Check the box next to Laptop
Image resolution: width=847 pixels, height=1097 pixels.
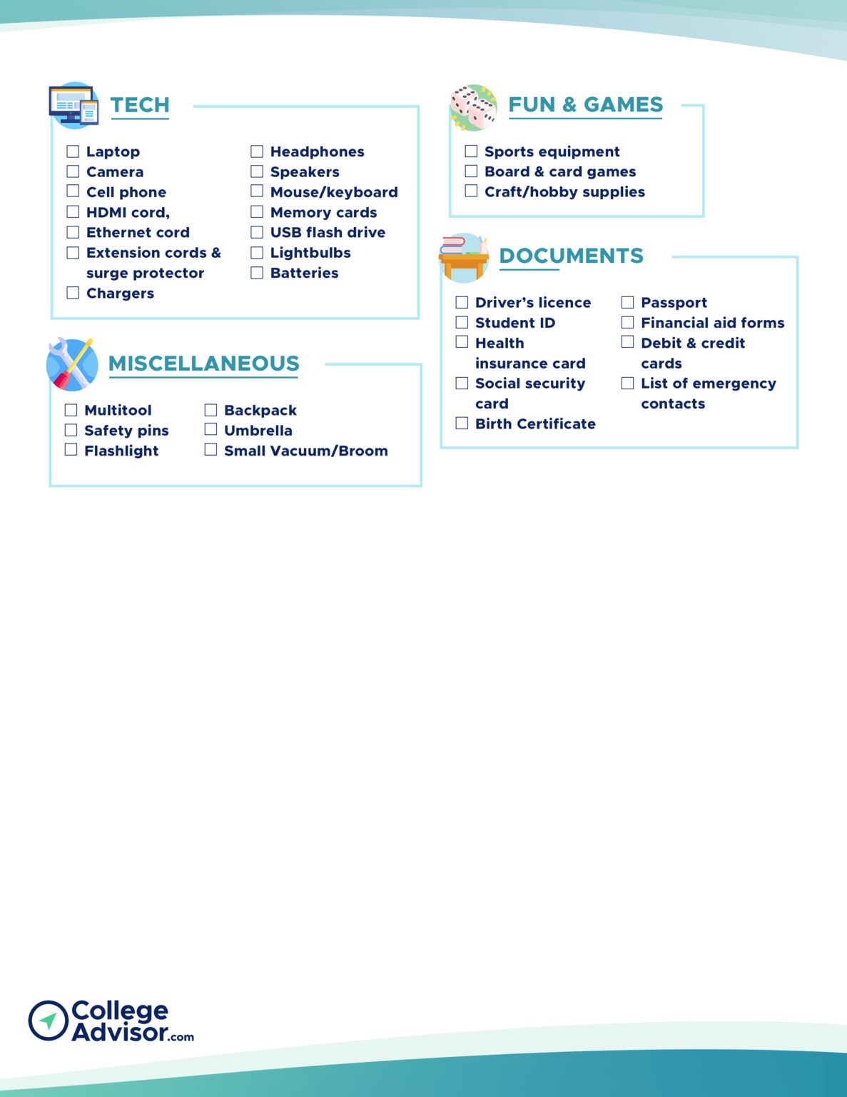point(73,151)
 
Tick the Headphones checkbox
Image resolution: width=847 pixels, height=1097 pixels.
point(257,151)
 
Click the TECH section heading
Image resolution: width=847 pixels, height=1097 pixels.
point(140,105)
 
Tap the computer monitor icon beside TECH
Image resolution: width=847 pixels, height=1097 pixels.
point(73,106)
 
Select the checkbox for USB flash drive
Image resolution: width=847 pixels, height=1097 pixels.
point(257,232)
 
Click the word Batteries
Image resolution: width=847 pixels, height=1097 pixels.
point(304,273)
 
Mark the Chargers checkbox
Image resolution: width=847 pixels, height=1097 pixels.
point(73,293)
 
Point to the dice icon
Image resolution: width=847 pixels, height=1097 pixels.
point(473,108)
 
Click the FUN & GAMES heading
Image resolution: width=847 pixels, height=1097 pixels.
point(585,105)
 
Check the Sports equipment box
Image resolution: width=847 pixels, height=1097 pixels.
point(471,151)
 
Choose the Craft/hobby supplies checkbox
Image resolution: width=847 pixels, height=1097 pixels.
point(471,191)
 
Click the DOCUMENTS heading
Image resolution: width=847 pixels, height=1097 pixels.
point(571,256)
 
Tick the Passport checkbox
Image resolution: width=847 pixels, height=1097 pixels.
point(627,302)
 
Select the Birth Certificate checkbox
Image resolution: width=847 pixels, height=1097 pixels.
point(462,424)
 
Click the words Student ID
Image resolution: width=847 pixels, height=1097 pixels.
point(515,323)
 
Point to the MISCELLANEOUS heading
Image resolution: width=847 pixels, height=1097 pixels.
point(203,364)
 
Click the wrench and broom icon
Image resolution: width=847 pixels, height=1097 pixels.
point(72,364)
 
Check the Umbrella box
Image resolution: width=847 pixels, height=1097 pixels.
point(211,430)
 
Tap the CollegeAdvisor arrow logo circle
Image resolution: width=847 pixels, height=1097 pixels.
point(48,1021)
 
